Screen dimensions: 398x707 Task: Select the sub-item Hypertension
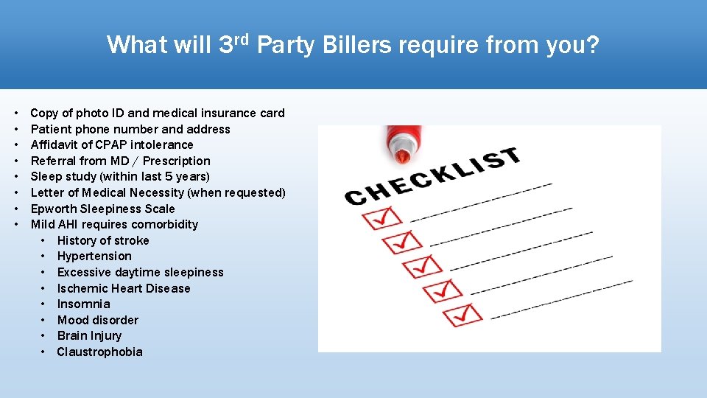tap(94, 256)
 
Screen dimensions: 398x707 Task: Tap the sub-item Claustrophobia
tap(99, 352)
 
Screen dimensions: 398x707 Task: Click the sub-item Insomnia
tap(83, 304)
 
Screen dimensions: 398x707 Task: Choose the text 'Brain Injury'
tap(89, 336)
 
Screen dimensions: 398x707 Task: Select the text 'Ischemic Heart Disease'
tap(124, 289)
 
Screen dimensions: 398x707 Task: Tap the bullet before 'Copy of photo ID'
tap(15, 114)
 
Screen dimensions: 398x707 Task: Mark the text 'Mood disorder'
tap(97, 321)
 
